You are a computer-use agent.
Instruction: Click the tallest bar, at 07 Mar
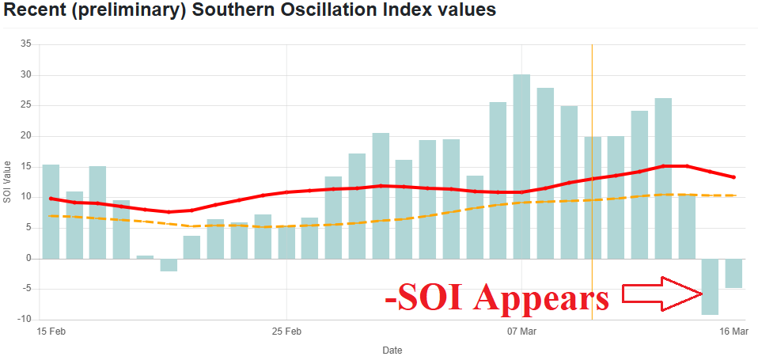click(521, 166)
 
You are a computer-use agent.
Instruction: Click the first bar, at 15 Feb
click(51, 211)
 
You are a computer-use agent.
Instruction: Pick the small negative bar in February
click(169, 265)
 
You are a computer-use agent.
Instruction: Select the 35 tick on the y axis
click(25, 44)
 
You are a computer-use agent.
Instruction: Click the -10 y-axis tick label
click(24, 319)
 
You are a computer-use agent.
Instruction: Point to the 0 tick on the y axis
click(28, 258)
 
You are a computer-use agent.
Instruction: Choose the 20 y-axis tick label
click(25, 136)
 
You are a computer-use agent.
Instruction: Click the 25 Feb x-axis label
click(286, 331)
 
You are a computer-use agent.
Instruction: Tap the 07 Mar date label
click(522, 331)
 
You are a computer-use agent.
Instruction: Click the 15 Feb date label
click(51, 331)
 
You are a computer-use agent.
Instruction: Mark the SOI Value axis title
click(7, 181)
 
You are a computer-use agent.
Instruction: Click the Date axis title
click(392, 349)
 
